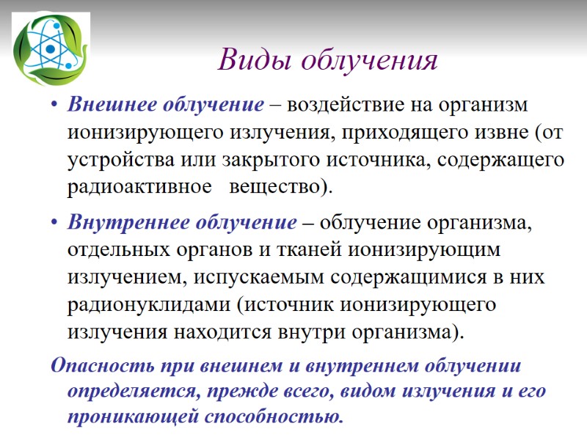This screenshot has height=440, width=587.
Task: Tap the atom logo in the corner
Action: tap(50, 50)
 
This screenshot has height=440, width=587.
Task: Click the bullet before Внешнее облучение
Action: tap(55, 106)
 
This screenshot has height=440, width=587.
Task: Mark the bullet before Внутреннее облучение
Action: tap(55, 222)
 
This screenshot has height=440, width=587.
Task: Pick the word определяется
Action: tap(129, 391)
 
